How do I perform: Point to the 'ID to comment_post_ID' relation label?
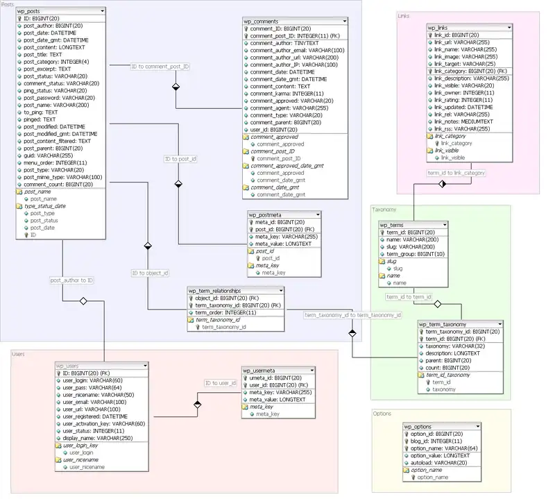click(x=160, y=67)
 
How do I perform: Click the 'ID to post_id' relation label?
click(x=180, y=159)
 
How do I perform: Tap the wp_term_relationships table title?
click(x=214, y=291)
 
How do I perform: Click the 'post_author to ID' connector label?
click(x=71, y=280)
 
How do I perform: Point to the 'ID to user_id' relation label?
click(x=221, y=383)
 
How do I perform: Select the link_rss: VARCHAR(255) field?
click(x=463, y=128)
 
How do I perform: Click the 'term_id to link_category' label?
click(x=456, y=172)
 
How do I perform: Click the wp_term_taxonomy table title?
click(x=443, y=324)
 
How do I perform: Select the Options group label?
click(x=382, y=414)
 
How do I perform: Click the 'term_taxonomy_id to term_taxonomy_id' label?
click(x=353, y=315)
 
